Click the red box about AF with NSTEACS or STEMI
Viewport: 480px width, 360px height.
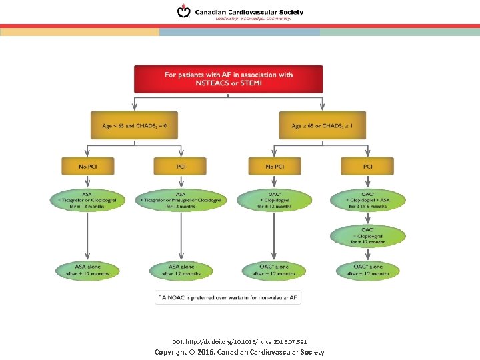pyautogui.click(x=228, y=79)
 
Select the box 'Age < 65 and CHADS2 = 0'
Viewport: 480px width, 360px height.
pyautogui.click(x=135, y=125)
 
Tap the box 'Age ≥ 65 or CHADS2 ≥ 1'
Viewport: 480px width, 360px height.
pyautogui.click(x=322, y=125)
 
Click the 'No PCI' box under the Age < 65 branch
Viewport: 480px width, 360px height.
pyautogui.click(x=88, y=166)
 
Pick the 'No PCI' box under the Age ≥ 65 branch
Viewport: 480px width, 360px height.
pyautogui.click(x=274, y=166)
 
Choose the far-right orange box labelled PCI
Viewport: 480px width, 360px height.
pyautogui.click(x=368, y=166)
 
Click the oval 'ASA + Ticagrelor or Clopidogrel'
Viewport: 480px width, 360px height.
pyautogui.click(x=87, y=201)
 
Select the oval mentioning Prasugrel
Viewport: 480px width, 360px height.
pyautogui.click(x=181, y=201)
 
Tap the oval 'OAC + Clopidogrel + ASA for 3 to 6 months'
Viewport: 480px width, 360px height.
pyautogui.click(x=368, y=201)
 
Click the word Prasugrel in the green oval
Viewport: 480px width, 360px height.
pyautogui.click(x=181, y=201)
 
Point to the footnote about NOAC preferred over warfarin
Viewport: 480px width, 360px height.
pyautogui.click(x=228, y=297)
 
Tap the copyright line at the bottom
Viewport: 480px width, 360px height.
pyautogui.click(x=239, y=351)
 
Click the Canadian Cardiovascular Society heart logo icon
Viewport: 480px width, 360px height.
pyautogui.click(x=183, y=12)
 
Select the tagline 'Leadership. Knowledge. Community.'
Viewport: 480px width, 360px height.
pyautogui.click(x=253, y=19)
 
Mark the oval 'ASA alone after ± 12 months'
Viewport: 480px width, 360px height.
pyautogui.click(x=87, y=270)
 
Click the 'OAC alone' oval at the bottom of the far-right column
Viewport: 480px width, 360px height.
pyautogui.click(x=368, y=270)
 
